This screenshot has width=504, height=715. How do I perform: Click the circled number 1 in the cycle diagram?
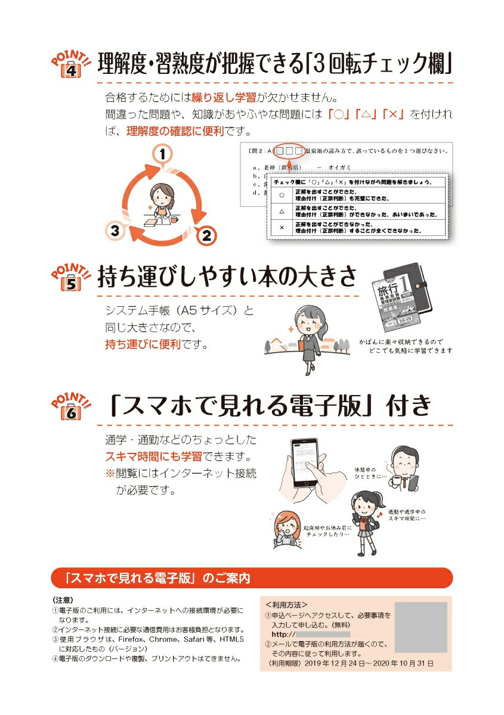(162, 154)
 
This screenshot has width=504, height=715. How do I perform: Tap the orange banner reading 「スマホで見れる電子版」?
(251, 577)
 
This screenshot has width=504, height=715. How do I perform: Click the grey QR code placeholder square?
(421, 627)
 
